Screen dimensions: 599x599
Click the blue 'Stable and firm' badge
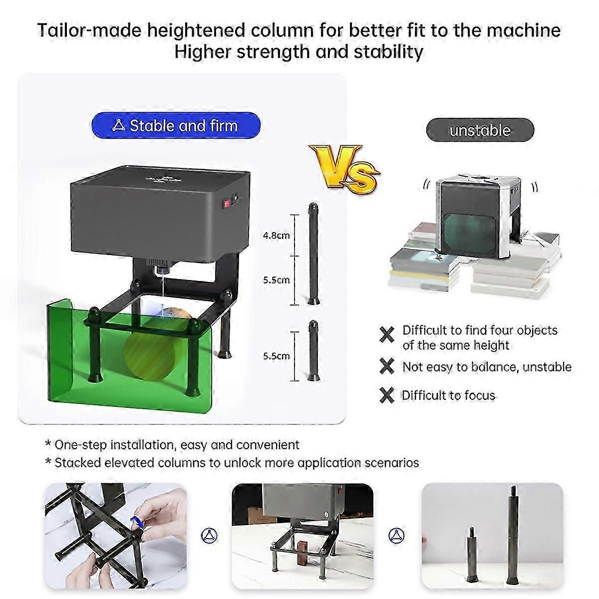[x=176, y=126]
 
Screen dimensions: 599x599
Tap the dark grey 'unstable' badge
[x=480, y=130]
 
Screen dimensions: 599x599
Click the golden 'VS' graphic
[x=344, y=167]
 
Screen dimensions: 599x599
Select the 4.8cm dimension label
[x=277, y=235]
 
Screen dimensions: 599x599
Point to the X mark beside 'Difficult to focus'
[x=387, y=395]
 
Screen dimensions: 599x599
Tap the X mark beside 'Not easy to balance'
[x=387, y=366]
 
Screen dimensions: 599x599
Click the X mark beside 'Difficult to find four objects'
[x=387, y=335]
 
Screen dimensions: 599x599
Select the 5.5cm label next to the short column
[x=277, y=356]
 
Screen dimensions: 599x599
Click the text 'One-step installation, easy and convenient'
[x=177, y=445]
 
